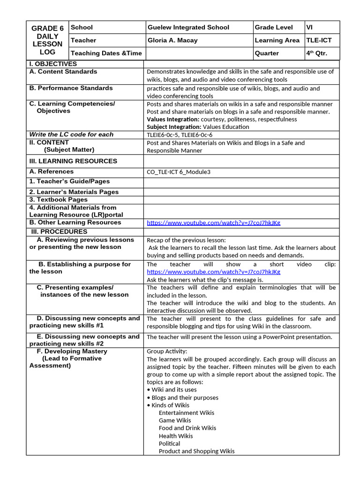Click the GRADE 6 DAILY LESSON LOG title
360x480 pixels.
tap(47, 40)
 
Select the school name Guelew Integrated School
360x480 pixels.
tap(188, 27)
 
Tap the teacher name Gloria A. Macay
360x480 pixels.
tap(172, 40)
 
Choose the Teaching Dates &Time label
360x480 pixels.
tap(106, 53)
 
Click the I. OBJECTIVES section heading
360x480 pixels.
tap(53, 64)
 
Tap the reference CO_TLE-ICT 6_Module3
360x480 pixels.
tap(179, 172)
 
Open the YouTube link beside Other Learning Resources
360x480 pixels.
tap(213, 223)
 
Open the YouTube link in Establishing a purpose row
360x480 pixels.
tap(213, 272)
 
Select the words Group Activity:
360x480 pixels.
tap(167, 351)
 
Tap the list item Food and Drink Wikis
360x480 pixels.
tap(187, 428)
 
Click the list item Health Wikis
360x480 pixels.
tap(175, 436)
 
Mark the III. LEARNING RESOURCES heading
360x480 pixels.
tap(73, 161)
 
